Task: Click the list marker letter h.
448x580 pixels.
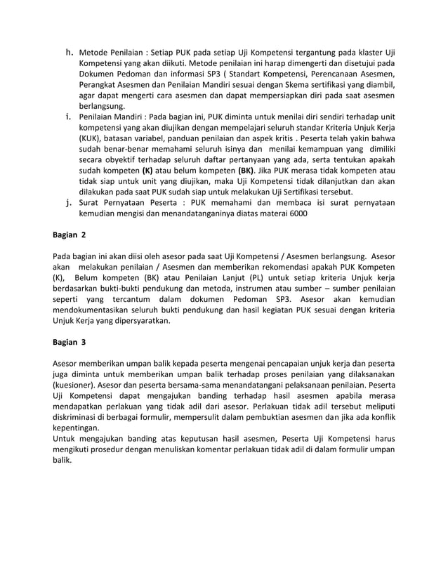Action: (x=69, y=53)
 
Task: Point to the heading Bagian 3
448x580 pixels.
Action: (x=70, y=343)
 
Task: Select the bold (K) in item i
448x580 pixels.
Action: (x=147, y=169)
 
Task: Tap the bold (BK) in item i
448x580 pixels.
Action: (x=245, y=169)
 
